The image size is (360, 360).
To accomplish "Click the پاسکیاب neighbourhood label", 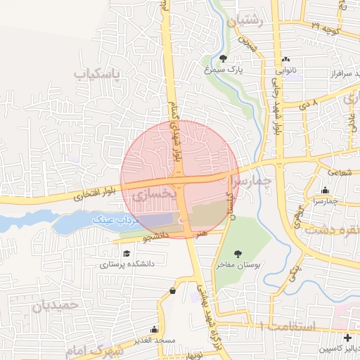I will [98, 72].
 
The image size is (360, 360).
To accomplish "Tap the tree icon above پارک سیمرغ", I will [223, 58].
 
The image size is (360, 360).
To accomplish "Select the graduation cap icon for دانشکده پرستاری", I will [127, 254].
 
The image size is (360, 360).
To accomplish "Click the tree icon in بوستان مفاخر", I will [238, 253].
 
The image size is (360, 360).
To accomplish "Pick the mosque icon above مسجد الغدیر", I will [154, 328].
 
